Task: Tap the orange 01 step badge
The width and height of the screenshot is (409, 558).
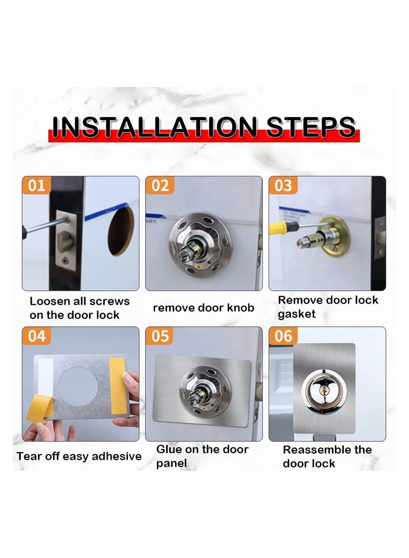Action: click(36, 185)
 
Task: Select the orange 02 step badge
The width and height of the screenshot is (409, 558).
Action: click(160, 185)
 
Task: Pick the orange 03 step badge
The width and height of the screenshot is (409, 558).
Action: click(283, 185)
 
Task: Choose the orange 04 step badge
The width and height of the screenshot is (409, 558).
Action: click(36, 336)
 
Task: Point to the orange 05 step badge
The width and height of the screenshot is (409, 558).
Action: click(160, 336)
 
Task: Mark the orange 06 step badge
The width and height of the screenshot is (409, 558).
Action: click(283, 336)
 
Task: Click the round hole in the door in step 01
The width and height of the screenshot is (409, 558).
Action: click(121, 230)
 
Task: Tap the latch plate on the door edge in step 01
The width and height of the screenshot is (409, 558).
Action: click(66, 238)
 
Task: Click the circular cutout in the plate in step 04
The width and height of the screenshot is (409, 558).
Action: click(78, 383)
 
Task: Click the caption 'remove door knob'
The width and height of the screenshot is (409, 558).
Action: click(203, 308)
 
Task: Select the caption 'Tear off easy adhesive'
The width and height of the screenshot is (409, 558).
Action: click(79, 456)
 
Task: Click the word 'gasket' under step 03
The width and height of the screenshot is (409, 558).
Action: click(298, 314)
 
